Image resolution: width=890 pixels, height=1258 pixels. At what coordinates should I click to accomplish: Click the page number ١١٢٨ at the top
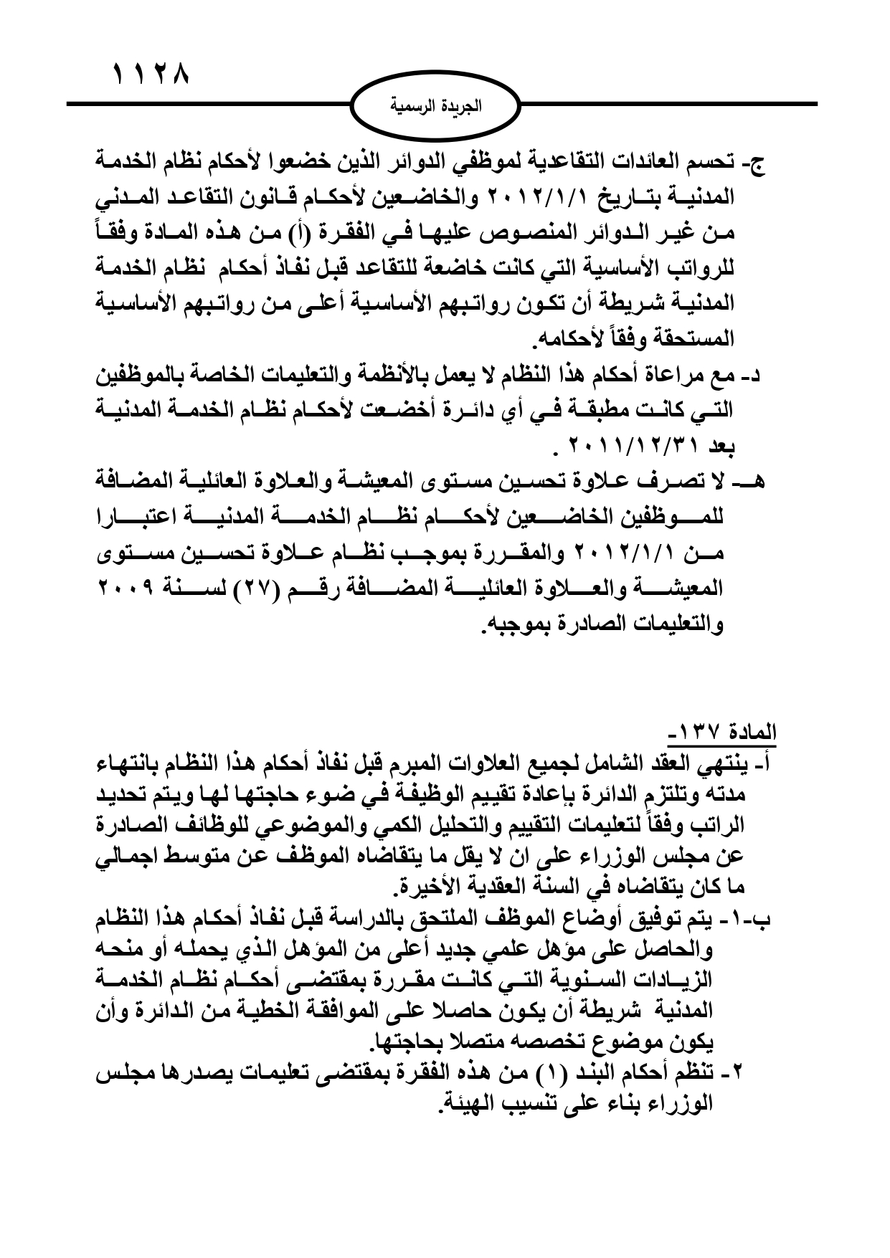151,75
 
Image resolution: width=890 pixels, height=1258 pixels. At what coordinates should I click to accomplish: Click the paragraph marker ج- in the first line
757,163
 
